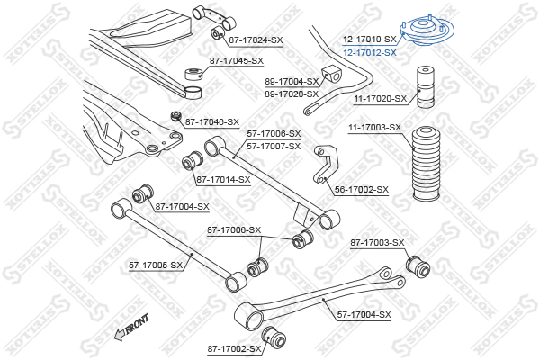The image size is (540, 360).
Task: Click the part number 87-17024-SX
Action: pos(256,40)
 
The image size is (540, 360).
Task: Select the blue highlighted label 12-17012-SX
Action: pos(369,53)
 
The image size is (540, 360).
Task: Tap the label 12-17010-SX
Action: pos(369,40)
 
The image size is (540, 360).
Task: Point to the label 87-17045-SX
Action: pos(237,61)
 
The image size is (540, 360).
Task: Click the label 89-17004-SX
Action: pos(292,81)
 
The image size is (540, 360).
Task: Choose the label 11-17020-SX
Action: pos(380,98)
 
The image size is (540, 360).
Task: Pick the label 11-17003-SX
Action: pos(374,128)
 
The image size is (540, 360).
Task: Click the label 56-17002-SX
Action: pos(361,190)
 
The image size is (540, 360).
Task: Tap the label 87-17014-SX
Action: pos(222,181)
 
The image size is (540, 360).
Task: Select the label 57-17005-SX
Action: pos(156,265)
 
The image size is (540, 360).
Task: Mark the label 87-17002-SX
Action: pos(234,348)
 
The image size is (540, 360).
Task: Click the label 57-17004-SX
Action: pos(364,314)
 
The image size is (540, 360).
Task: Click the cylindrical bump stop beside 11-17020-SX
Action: pos(421,94)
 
